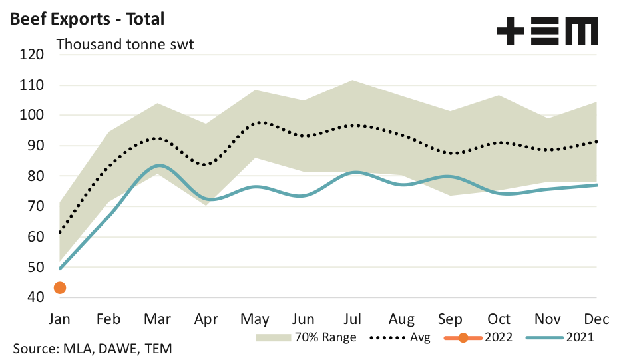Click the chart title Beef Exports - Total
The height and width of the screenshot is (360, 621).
(87, 19)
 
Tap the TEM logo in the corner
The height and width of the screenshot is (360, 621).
(547, 31)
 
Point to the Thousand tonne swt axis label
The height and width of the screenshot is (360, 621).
(125, 45)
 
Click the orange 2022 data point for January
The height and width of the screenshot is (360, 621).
(60, 287)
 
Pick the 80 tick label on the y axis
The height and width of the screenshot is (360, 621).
(35, 176)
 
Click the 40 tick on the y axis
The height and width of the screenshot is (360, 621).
(35, 297)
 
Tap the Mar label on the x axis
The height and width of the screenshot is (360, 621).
(157, 319)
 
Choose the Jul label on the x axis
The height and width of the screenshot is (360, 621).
(353, 319)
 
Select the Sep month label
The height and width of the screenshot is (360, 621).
(451, 319)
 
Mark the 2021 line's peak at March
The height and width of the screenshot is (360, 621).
(158, 165)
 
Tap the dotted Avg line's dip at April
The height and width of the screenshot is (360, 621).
(207, 164)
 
